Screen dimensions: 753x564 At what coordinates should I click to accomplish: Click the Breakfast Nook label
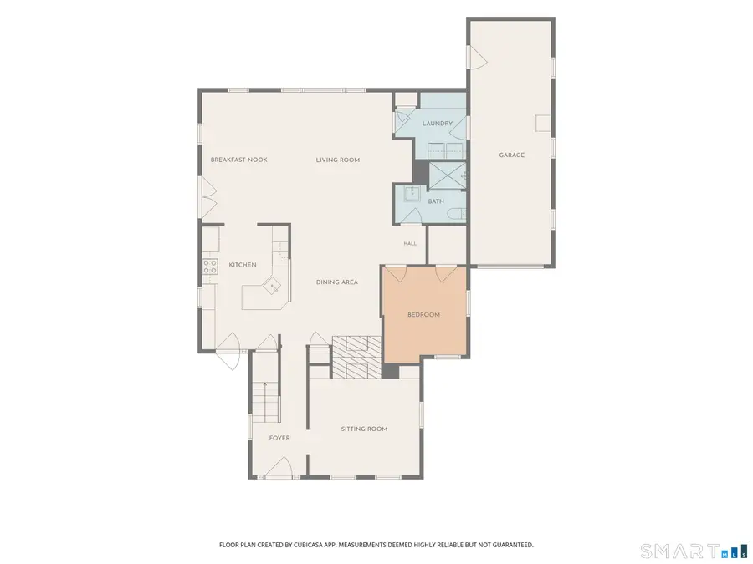pos(238,160)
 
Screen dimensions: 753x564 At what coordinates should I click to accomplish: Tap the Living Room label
pos(338,160)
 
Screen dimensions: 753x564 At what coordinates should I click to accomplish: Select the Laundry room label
pos(437,124)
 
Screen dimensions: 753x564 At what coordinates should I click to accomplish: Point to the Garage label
pos(511,155)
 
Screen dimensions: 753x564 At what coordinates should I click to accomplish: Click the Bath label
pos(436,201)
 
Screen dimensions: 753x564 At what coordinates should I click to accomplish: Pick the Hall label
pos(410,244)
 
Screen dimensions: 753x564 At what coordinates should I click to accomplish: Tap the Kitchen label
pos(243,265)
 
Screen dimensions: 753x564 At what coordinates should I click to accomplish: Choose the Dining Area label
pos(337,282)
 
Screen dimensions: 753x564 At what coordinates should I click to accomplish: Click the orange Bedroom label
pos(423,315)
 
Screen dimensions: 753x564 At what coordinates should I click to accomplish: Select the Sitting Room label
pos(364,429)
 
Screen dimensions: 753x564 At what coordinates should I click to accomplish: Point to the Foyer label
pos(279,438)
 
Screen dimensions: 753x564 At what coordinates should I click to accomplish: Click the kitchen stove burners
pos(210,267)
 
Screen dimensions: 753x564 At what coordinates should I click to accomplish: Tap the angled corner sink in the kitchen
pos(273,286)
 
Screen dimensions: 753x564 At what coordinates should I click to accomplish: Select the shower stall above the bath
pos(447,176)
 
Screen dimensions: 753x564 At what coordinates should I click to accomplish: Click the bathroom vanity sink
pos(411,193)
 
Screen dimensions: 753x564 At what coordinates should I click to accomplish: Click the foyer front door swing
pos(279,466)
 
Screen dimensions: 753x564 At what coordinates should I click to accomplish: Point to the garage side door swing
pos(479,58)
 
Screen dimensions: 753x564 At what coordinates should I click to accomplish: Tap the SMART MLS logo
pos(695,551)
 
